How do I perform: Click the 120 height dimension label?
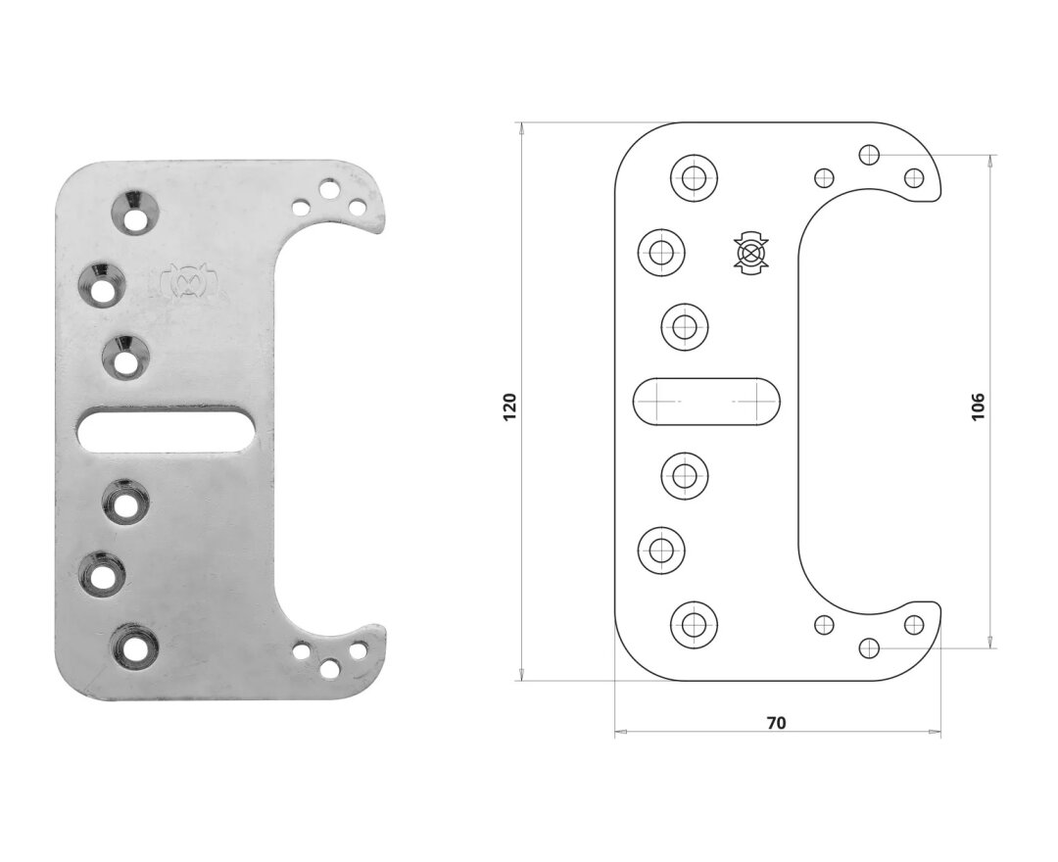tap(509, 407)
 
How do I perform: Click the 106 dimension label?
tap(978, 407)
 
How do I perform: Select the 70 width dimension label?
tap(777, 723)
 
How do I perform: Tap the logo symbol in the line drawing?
tap(751, 254)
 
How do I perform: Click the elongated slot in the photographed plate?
tap(167, 430)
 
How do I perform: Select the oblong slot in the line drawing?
tap(706, 402)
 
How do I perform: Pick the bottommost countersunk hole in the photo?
tap(135, 647)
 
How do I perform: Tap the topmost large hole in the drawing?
tap(694, 178)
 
